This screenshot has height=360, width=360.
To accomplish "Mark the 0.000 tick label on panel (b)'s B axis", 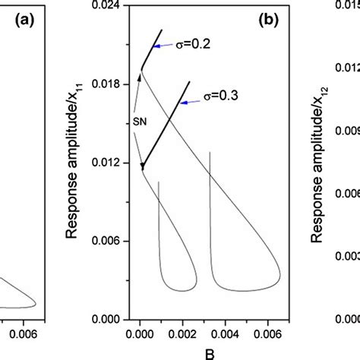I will [140, 332].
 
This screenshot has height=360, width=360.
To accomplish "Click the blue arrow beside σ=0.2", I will [166, 48].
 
